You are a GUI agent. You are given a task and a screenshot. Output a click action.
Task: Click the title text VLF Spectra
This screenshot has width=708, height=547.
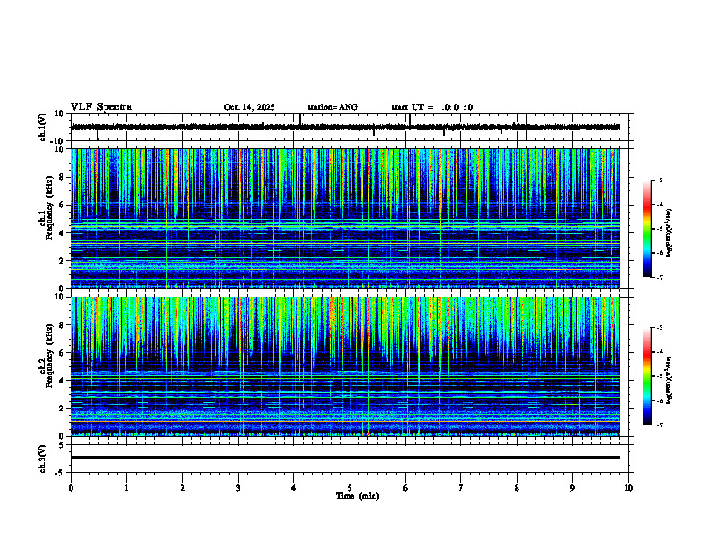point(101,107)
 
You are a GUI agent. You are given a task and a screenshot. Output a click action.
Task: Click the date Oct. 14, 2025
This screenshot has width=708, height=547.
point(249,107)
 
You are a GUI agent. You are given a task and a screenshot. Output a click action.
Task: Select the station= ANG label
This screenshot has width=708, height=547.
point(332,107)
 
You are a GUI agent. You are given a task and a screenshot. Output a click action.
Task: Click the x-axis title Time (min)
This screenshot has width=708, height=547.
point(357,495)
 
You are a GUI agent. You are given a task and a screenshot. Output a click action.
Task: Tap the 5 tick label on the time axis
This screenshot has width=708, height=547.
point(350,487)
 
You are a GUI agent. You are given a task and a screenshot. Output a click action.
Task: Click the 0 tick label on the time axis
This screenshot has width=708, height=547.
point(71,487)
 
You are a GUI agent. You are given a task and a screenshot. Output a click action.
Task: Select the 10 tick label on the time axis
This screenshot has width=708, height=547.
point(628,487)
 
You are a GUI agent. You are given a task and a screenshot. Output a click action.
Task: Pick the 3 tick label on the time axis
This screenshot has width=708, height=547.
point(238,487)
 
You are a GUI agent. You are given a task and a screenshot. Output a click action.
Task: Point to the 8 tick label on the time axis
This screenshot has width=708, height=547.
point(517,487)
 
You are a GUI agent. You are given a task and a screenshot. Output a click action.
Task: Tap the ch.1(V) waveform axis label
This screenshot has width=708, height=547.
point(42,127)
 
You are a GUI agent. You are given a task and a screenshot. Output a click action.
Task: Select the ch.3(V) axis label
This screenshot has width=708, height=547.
point(42,458)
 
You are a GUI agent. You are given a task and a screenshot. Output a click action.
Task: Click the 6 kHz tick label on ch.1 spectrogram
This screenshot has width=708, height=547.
point(62,205)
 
